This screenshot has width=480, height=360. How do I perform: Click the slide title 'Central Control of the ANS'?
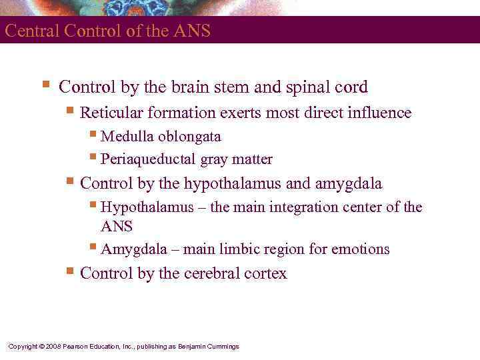[x=107, y=31]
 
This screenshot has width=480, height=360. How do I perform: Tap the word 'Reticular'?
[x=109, y=113]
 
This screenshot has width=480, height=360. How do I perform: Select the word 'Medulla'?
[x=127, y=137]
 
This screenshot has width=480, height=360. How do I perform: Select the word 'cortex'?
[x=265, y=273]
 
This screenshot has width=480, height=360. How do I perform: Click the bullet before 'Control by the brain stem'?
[x=45, y=86]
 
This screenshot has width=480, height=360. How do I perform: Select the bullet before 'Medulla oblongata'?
[x=93, y=136]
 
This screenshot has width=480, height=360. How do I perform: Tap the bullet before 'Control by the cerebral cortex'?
[x=70, y=272]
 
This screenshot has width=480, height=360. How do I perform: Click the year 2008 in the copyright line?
[x=53, y=347]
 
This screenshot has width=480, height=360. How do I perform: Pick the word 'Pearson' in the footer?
[x=76, y=347]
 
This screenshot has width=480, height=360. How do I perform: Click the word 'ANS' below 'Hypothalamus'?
[x=117, y=227]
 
